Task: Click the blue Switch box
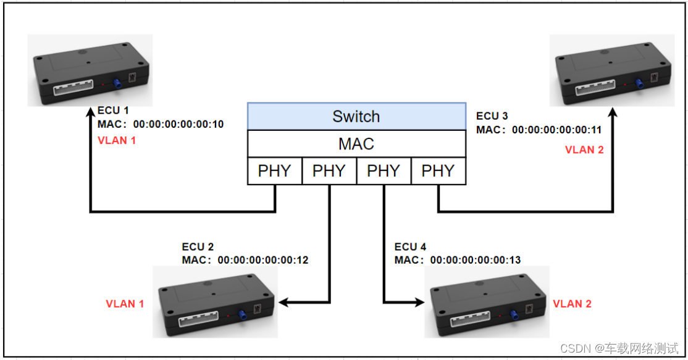click(356, 116)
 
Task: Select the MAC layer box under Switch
click(356, 144)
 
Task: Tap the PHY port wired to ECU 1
click(274, 171)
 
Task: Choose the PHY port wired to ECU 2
click(329, 171)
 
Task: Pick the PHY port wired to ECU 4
click(384, 171)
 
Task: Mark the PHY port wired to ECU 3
click(438, 171)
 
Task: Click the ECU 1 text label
click(113, 111)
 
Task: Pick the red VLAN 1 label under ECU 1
click(117, 141)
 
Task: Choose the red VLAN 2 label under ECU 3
click(584, 150)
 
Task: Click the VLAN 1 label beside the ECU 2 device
click(125, 303)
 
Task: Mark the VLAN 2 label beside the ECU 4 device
click(572, 303)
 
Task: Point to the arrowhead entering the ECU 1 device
click(91, 113)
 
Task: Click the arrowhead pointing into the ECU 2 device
click(284, 303)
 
